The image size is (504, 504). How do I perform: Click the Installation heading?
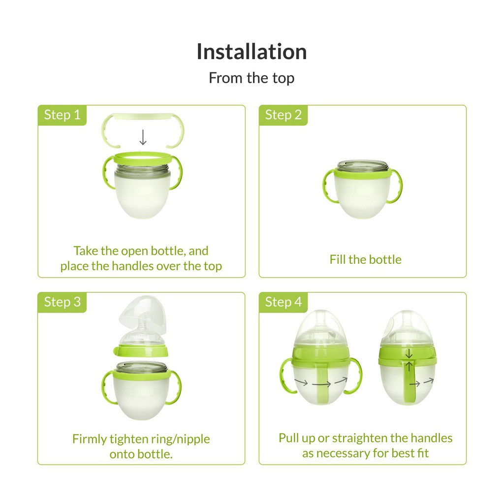(x=252, y=51)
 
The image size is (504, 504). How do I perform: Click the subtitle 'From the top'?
(x=252, y=78)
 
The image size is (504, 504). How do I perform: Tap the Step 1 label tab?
(x=62, y=115)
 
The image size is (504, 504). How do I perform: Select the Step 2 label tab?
(x=283, y=115)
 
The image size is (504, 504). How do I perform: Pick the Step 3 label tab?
(x=62, y=302)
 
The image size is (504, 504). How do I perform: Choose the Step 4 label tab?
(x=283, y=302)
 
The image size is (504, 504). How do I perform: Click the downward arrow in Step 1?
(x=143, y=138)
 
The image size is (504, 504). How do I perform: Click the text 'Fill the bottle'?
(x=366, y=259)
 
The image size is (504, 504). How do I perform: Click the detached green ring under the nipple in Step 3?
(x=140, y=351)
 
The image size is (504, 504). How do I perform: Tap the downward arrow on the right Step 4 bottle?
(x=409, y=353)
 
